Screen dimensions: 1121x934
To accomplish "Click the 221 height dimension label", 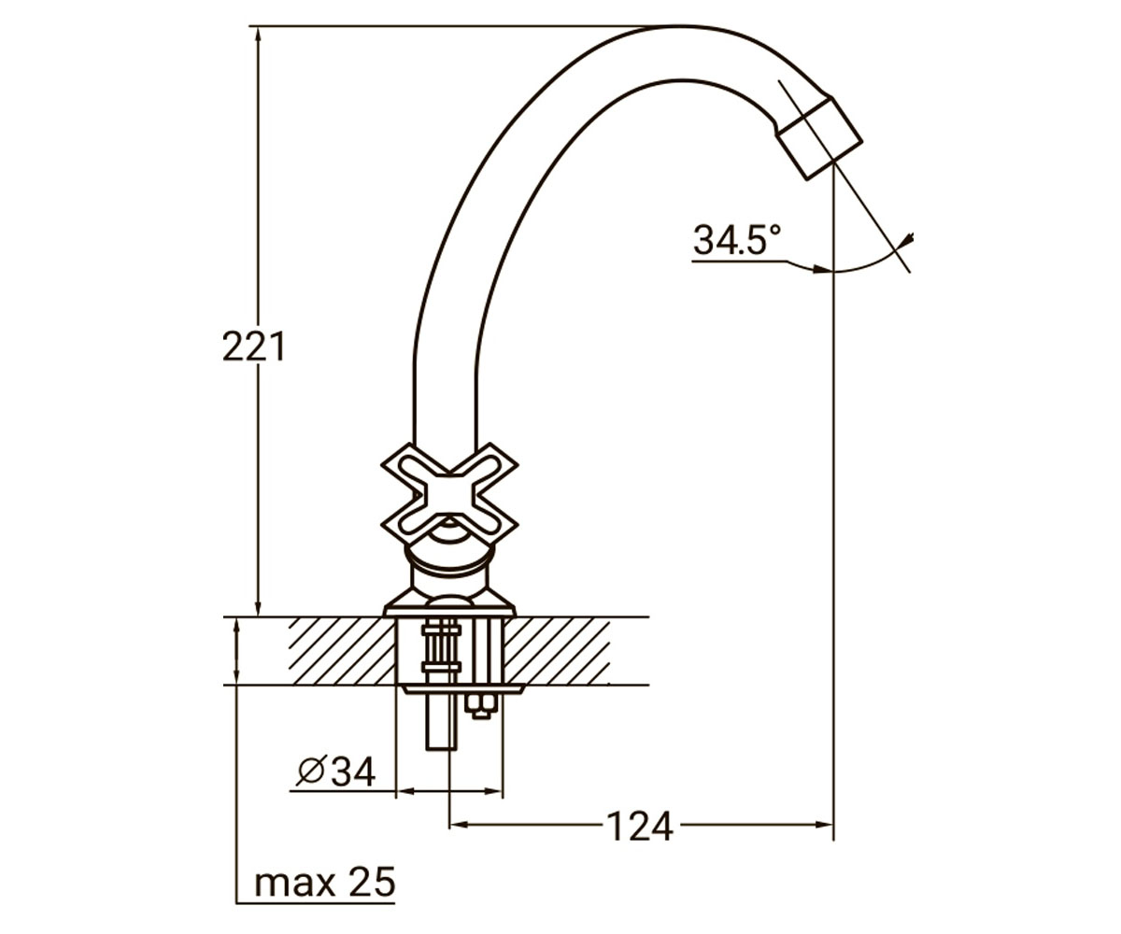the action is tap(253, 347).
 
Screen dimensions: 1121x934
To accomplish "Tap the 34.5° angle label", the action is tap(737, 239).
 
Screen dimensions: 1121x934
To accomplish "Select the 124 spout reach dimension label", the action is tap(639, 827).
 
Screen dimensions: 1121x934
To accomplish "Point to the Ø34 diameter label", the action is tap(336, 772).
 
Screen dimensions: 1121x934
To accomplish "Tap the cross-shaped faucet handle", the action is tap(449, 499).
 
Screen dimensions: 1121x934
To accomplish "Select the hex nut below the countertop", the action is tap(480, 706).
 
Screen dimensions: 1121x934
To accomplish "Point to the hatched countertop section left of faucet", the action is tap(342, 651).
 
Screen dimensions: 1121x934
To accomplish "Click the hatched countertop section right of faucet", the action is tap(557, 651).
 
